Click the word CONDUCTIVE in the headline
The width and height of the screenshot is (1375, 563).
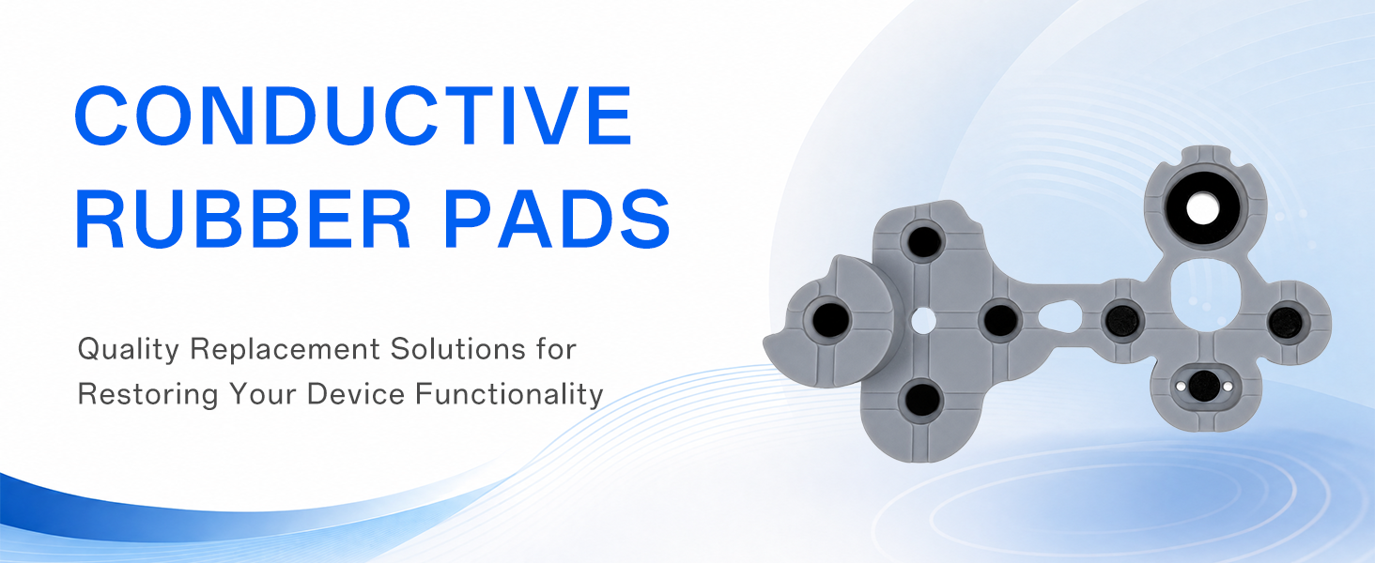point(353,115)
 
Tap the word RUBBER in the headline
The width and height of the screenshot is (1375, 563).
point(243,219)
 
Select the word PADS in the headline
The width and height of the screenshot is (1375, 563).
point(557,219)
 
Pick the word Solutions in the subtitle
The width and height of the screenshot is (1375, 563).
point(458,349)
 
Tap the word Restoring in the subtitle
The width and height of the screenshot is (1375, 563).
point(148,394)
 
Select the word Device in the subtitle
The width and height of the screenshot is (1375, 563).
point(355,393)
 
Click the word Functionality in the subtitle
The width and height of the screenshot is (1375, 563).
point(509,394)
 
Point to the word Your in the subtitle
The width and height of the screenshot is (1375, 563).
point(263,393)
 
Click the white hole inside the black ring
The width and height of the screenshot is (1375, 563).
point(1202,208)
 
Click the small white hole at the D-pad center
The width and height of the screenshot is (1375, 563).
point(922,320)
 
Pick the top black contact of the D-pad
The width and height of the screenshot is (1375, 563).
point(924,242)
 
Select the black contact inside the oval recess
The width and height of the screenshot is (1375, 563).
point(1204,387)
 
